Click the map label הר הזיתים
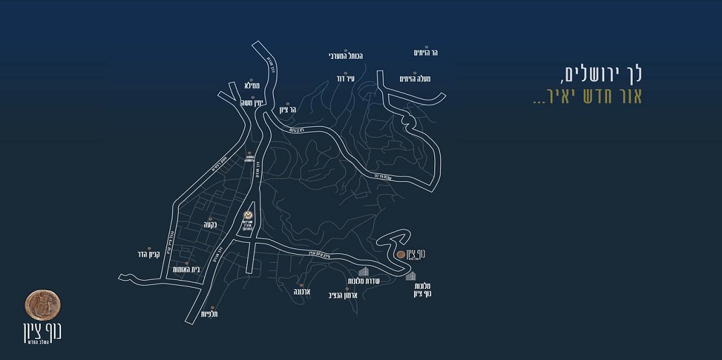[x=425, y=52]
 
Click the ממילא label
[x=253, y=86]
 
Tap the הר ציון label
[x=288, y=109]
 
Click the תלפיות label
[x=210, y=314]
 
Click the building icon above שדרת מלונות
[x=363, y=271]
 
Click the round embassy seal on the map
[x=247, y=215]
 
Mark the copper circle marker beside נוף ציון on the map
[x=400, y=254]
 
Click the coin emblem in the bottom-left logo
[x=43, y=303]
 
